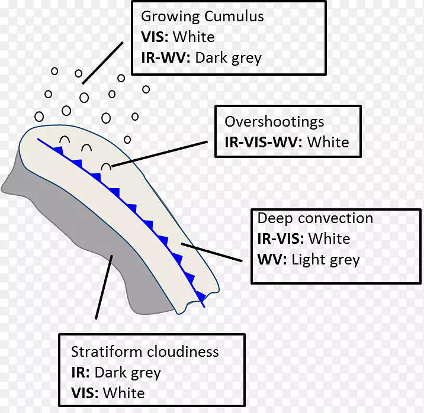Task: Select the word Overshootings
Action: pyautogui.click(x=274, y=122)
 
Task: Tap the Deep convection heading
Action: pyautogui.click(x=315, y=218)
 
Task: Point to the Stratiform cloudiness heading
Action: pyautogui.click(x=144, y=352)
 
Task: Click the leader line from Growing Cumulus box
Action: pyautogui.click(x=103, y=62)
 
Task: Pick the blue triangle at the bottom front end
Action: pyautogui.click(x=200, y=295)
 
